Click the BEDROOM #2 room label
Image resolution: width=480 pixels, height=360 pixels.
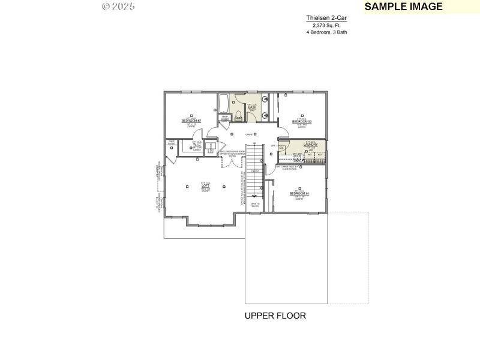pos(191,121)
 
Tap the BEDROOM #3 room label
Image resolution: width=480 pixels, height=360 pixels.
pos(302,121)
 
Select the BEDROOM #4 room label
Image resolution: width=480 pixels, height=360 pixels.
pos(299,193)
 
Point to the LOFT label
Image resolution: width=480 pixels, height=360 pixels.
pos(205,186)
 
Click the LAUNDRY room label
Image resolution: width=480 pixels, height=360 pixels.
pos(310,145)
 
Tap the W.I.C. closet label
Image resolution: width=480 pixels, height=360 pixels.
pos(197,145)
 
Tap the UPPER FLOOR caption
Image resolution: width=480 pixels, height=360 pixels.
pos(275,316)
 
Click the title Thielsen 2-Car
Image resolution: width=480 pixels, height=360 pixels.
pos(326,18)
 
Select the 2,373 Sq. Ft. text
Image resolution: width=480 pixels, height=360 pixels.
pos(326,25)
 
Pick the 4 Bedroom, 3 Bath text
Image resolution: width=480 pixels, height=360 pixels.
pos(326,32)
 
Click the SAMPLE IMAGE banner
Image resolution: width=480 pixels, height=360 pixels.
pos(403,7)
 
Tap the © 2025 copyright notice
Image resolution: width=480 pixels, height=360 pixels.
pos(119,6)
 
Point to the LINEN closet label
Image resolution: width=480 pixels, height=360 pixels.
pos(224,118)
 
